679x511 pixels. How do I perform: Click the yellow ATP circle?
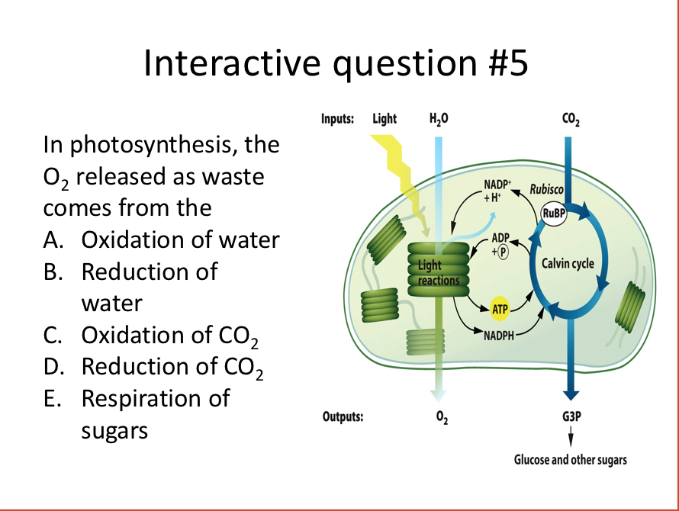pos(500,308)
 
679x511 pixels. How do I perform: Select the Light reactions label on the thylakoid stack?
pos(438,273)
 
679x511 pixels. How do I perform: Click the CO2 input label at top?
pos(569,119)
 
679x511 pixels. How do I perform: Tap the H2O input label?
pos(439,119)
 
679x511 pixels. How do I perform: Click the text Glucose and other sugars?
pos(570,460)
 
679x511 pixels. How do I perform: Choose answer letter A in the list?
pos(53,240)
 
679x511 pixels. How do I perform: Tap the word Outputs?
pos(342,417)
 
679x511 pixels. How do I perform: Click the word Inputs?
pos(337,119)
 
